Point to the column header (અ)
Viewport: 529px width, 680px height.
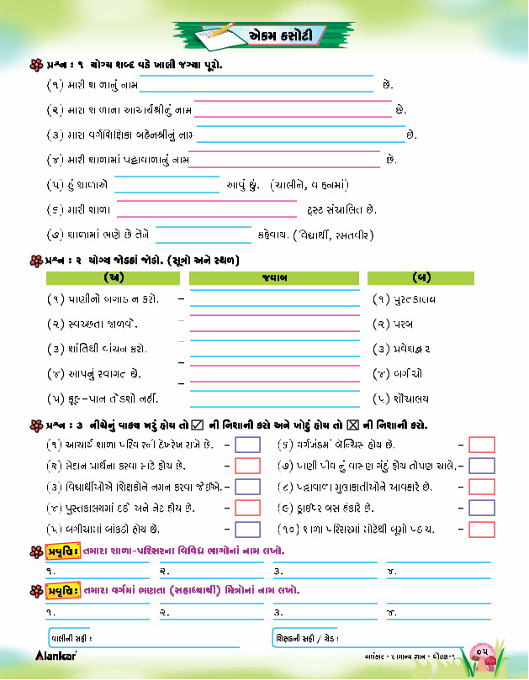point(111,277)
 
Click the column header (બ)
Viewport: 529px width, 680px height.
point(421,277)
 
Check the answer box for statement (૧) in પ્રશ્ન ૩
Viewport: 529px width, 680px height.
point(247,445)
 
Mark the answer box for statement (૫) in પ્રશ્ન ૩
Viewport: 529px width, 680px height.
point(247,530)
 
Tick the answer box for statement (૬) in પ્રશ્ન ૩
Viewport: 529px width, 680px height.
point(482,445)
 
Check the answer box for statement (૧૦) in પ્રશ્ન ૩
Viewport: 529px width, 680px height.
point(482,530)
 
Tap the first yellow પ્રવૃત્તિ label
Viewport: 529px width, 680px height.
point(63,551)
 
